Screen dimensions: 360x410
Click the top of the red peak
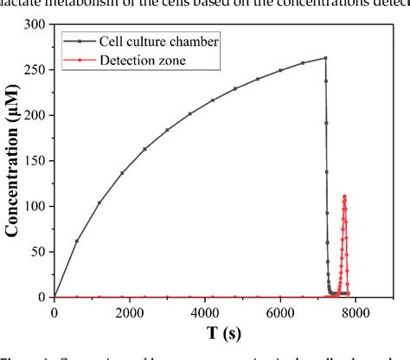click(x=344, y=196)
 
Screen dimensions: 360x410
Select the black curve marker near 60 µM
click(x=77, y=241)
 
